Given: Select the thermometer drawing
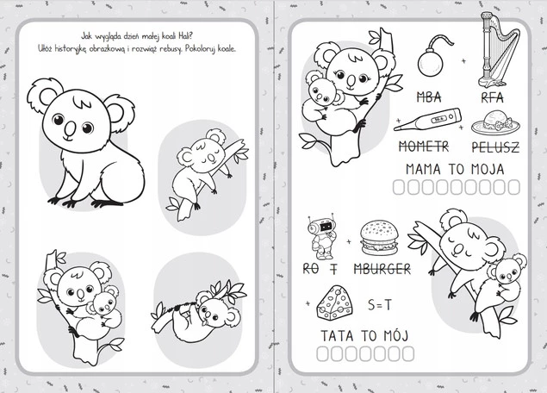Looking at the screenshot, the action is click(427, 120).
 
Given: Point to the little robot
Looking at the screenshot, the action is click(321, 237).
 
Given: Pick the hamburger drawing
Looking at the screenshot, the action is click(379, 237).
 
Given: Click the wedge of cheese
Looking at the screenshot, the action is click(335, 303).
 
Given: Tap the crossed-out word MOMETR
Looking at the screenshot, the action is click(424, 147).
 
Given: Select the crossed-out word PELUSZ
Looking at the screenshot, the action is click(495, 147).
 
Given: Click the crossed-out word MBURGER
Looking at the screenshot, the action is click(382, 269).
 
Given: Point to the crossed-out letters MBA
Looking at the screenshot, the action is click(429, 97).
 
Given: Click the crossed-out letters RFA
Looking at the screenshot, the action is click(492, 97).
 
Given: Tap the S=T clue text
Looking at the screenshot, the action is click(380, 305).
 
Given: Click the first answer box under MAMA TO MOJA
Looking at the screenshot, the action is click(399, 187).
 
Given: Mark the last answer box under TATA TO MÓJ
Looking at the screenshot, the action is click(408, 354).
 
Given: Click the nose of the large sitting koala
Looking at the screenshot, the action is click(70, 128).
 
